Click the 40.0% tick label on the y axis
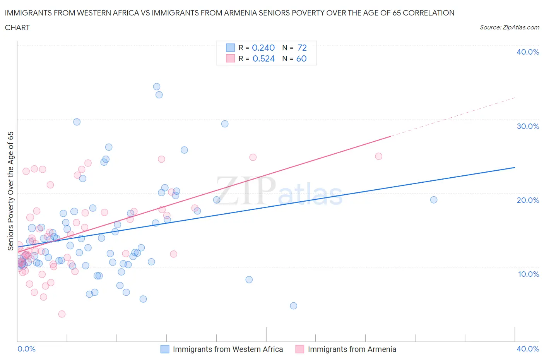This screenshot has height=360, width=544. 527,52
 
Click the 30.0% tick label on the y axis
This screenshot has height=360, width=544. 527,126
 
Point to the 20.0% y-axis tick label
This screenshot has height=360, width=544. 527,200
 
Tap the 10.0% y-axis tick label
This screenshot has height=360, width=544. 528,274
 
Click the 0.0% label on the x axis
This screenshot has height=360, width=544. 26,349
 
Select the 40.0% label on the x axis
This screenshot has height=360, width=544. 528,349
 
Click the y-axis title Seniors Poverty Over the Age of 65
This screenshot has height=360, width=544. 10,191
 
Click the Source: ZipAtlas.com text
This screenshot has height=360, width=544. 509,27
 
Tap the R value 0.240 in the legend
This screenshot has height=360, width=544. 263,48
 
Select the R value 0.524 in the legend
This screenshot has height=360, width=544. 263,58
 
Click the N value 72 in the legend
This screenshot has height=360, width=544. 302,48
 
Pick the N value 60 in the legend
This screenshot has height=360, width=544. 301,58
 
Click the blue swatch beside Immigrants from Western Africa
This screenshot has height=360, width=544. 165,349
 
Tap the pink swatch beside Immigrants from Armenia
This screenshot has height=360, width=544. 299,349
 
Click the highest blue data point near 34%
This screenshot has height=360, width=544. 157,87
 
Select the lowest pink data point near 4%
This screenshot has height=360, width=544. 62,314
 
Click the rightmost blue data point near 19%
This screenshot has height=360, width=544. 434,200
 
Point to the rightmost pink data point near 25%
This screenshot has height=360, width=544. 379,156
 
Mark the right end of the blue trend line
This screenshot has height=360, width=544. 515,167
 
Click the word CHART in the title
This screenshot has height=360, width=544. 17,27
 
